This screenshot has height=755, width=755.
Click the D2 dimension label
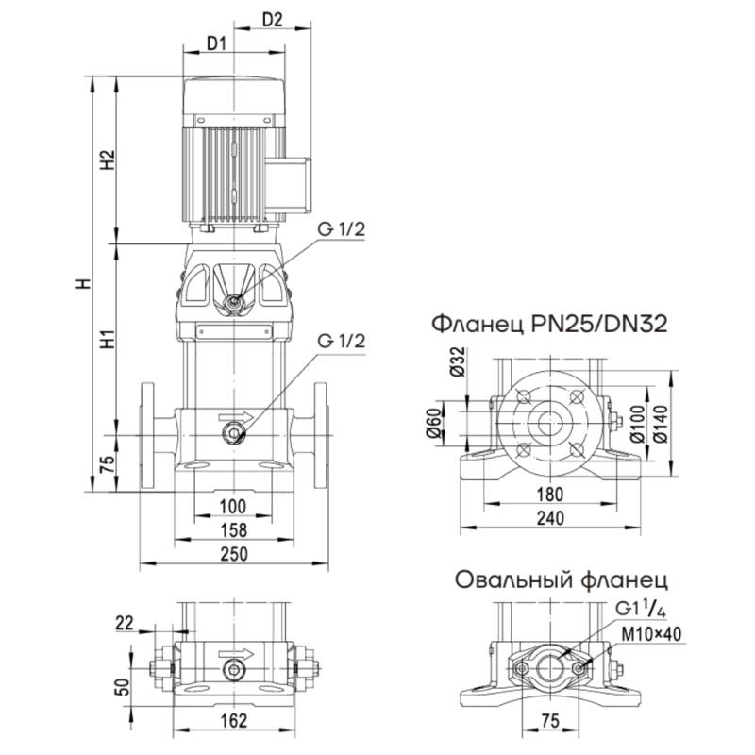273,20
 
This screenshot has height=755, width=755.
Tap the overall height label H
83,283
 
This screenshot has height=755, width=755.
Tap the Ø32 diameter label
459,363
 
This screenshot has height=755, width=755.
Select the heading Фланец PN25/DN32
549,326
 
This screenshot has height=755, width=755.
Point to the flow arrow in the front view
235,415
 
